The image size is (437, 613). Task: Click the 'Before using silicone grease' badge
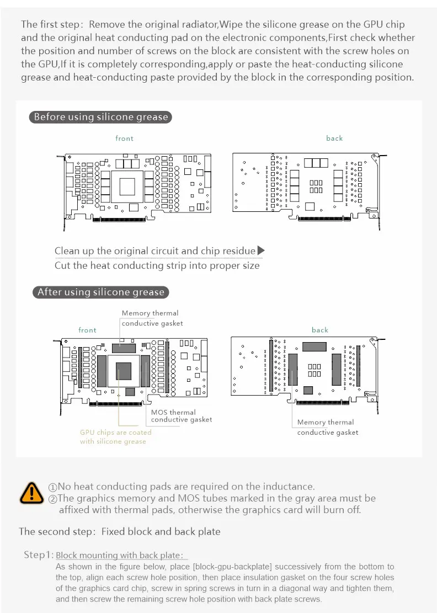coord(100,117)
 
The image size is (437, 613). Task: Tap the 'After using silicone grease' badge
coord(100,292)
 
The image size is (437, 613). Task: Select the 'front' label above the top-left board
coord(125,138)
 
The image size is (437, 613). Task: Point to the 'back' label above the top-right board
coord(334,138)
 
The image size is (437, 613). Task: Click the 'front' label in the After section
coord(87,330)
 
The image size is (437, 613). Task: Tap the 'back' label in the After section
coord(320,330)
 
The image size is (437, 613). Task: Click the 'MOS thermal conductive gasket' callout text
coord(182,416)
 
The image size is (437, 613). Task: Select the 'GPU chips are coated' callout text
coord(115,433)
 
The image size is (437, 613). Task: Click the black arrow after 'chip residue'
coord(262,250)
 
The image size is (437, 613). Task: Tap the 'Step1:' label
coord(39,555)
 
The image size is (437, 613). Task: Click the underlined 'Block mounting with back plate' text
coord(119,555)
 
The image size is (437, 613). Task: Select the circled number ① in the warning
coord(53,487)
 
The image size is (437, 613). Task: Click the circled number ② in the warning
coord(53,499)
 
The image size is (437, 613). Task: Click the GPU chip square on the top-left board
coord(128,186)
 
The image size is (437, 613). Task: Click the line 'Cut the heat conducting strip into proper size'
coord(157,265)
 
